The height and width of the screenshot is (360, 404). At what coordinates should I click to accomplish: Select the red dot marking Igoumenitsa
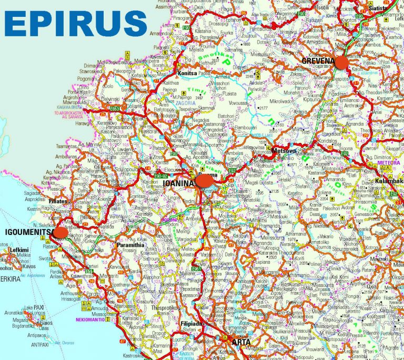61,232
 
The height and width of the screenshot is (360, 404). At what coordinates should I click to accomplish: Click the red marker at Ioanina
204,181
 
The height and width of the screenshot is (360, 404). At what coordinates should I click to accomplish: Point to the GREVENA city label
318,61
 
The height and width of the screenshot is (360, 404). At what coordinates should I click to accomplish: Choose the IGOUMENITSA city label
29,232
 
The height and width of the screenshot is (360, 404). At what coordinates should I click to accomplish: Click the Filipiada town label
191,324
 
